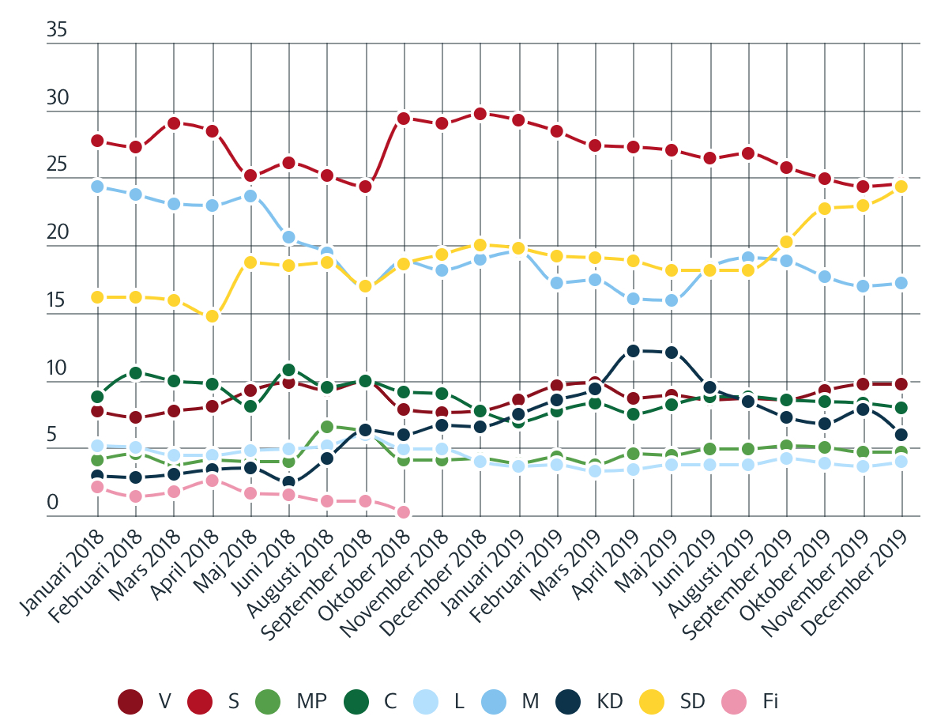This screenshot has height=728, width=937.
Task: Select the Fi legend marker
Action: [x=735, y=700]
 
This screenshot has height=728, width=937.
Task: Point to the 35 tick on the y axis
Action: [x=58, y=31]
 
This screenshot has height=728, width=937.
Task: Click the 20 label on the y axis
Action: [x=58, y=234]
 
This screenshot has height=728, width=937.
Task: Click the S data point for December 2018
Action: [x=480, y=113]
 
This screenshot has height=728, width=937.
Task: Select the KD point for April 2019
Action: [x=633, y=351]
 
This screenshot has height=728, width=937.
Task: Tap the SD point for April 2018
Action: [x=212, y=316]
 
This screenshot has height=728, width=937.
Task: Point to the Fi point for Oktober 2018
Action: [x=403, y=512]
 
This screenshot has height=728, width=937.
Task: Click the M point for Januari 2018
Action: [x=97, y=187]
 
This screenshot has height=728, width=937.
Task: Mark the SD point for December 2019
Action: [x=901, y=187]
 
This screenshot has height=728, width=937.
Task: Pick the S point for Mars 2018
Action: [x=174, y=123]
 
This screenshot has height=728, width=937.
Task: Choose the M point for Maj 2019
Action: [x=671, y=300]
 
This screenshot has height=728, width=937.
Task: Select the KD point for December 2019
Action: [x=901, y=435]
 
